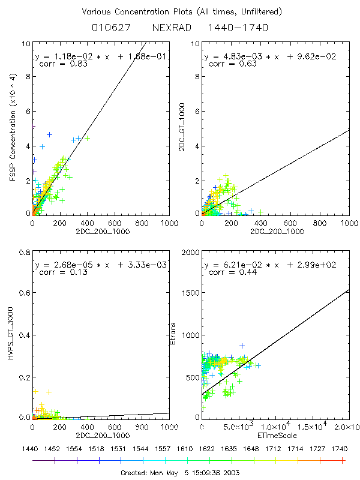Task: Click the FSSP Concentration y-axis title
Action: coord(12,128)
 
